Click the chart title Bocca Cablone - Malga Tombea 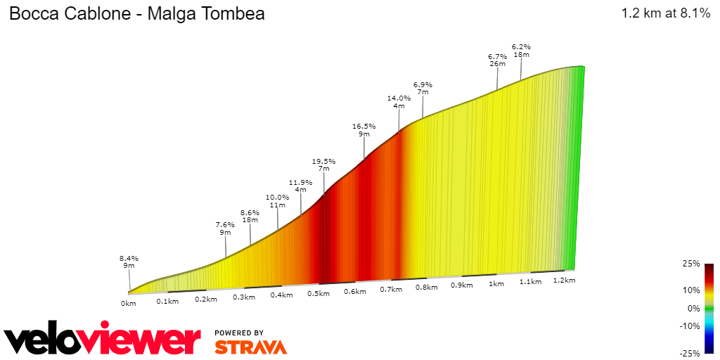[136, 14]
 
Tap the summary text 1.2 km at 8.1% [665, 13]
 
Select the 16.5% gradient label [364, 127]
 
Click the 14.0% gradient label [399, 98]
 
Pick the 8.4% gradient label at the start [129, 258]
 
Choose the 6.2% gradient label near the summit [521, 46]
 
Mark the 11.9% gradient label [300, 182]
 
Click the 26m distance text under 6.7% [497, 64]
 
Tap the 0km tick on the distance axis [128, 303]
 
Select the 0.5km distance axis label [319, 293]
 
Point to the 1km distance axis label [496, 284]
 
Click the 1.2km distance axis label [565, 280]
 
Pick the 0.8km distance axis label [427, 287]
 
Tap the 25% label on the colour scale [690, 264]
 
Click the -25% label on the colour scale [689, 352]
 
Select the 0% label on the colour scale [693, 308]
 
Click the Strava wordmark [250, 347]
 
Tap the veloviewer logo [103, 341]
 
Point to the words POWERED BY [239, 333]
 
